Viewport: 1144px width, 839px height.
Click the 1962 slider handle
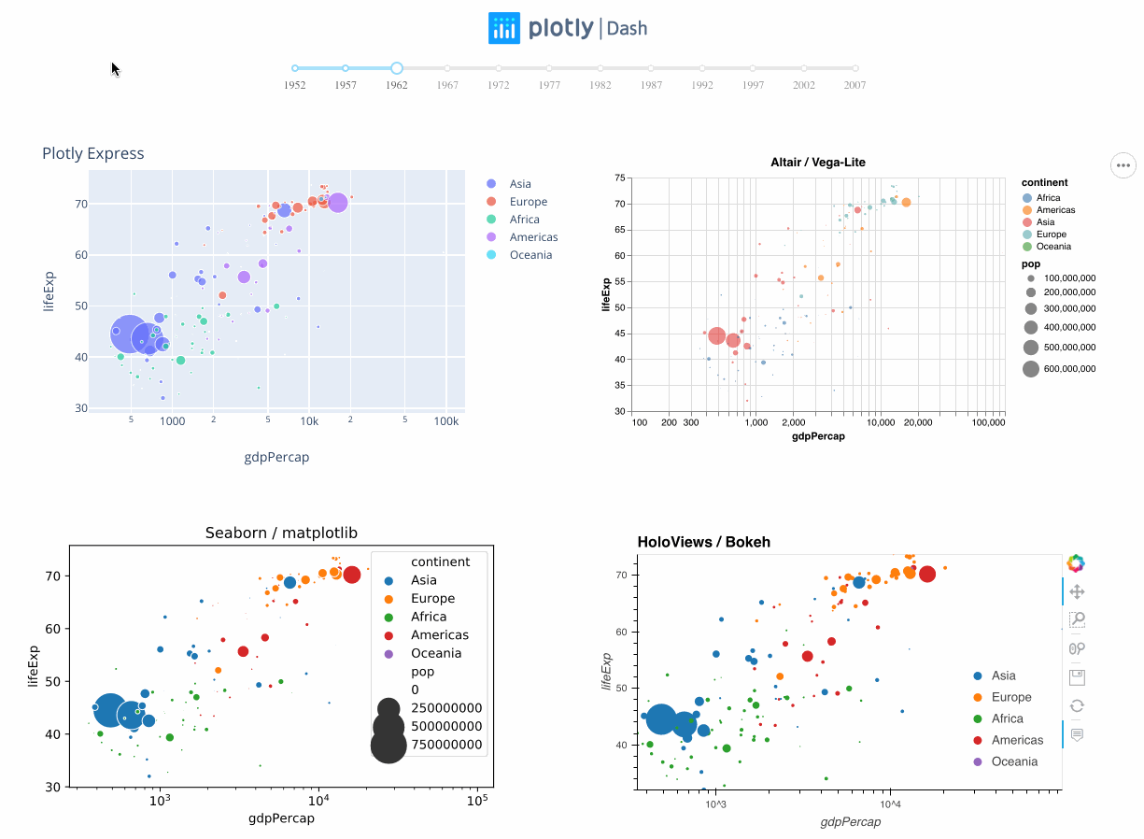coord(397,68)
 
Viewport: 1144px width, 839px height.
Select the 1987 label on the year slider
coord(651,85)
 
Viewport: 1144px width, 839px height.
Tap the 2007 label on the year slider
coord(854,85)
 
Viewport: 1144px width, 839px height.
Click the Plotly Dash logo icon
coord(504,28)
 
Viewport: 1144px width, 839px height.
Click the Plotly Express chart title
coord(93,153)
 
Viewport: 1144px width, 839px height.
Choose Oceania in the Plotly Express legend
coord(530,255)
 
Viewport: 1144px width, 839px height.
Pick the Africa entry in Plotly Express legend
coord(524,220)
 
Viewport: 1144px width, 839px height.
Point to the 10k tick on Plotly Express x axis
coord(310,421)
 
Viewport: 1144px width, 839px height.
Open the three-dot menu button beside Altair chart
coord(1123,165)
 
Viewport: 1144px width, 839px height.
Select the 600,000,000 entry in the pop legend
coord(1069,369)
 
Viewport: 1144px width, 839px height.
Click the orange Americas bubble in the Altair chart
coord(906,202)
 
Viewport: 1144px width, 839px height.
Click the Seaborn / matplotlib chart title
coord(281,533)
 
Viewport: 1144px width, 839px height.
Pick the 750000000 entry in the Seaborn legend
coord(446,745)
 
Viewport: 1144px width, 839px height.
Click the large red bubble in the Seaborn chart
coord(351,575)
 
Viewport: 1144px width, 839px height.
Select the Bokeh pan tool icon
coord(1077,591)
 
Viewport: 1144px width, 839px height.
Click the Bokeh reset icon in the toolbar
coord(1077,706)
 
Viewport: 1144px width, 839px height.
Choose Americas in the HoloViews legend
coord(1016,740)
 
